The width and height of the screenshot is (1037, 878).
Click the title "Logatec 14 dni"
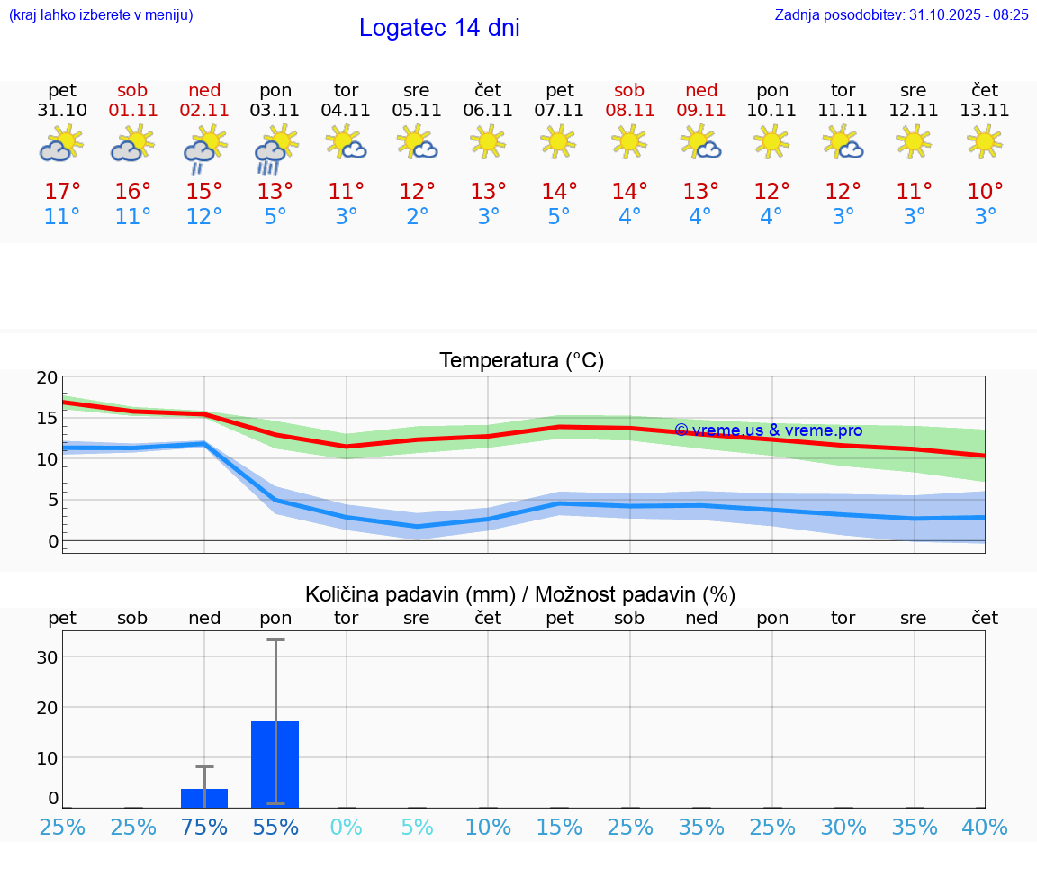pyautogui.click(x=439, y=28)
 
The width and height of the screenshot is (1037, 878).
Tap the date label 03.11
pyautogui.click(x=275, y=110)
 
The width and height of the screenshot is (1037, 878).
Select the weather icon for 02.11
pyautogui.click(x=204, y=149)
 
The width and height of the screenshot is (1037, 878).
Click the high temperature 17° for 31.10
pyautogui.click(x=62, y=192)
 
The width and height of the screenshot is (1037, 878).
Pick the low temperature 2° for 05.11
pyautogui.click(x=417, y=217)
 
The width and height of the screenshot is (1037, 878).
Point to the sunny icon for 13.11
pyautogui.click(x=985, y=141)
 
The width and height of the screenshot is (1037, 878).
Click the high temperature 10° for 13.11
pyautogui.click(x=985, y=192)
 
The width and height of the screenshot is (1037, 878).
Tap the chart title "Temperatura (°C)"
pyautogui.click(x=521, y=360)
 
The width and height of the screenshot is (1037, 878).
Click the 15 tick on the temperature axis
pyautogui.click(x=47, y=418)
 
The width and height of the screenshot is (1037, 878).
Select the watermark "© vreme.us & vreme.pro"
pyautogui.click(x=768, y=430)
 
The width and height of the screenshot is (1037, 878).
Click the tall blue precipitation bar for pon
pyautogui.click(x=275, y=764)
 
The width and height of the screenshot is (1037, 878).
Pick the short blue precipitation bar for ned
pyautogui.click(x=204, y=798)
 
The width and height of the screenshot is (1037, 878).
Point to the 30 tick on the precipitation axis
pyautogui.click(x=47, y=656)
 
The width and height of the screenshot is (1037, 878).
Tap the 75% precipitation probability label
pyautogui.click(x=204, y=827)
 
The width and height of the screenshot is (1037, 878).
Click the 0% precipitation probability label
pyautogui.click(x=347, y=827)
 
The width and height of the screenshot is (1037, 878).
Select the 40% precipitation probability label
pyautogui.click(x=985, y=827)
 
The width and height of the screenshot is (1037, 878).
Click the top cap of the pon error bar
pyautogui.click(x=275, y=639)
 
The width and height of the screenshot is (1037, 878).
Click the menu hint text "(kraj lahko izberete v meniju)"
pyautogui.click(x=101, y=14)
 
